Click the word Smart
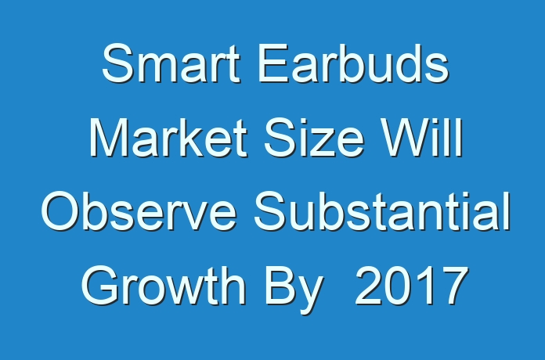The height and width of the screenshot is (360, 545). pos(171,63)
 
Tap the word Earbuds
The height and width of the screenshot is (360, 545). pos(354,63)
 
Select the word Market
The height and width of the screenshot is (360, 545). pos(168,138)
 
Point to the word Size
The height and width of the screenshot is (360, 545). pos(314,138)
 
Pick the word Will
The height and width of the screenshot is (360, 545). pos(421,138)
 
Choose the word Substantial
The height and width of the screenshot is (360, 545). pos(382,211)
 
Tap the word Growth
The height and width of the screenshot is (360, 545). pos(164,286)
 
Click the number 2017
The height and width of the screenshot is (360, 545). pos(412,286)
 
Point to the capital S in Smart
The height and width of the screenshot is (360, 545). pos(117,63)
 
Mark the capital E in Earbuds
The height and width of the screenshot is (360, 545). pos(273,63)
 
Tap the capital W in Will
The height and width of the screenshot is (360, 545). pos(406,138)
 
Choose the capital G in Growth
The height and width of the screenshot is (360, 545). pos(100,286)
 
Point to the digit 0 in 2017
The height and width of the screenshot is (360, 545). pos(397,286)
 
